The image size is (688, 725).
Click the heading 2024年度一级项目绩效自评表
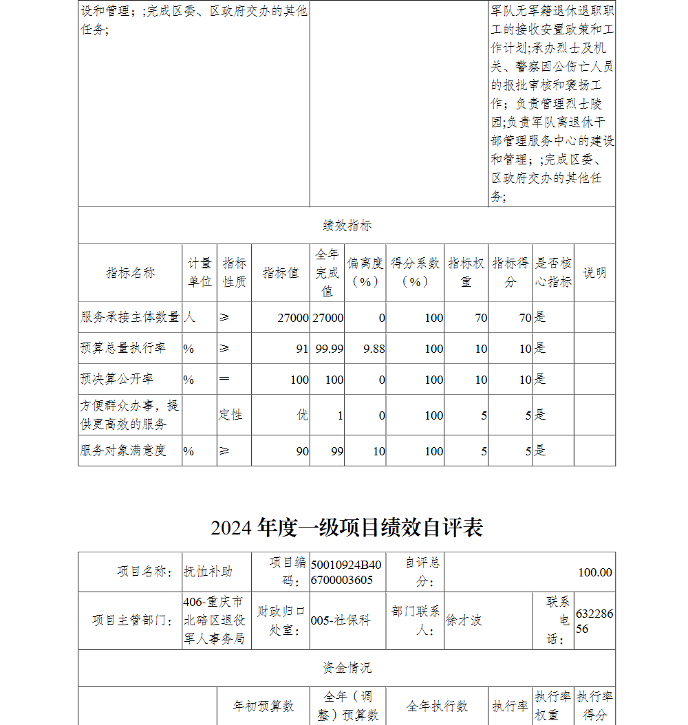347,528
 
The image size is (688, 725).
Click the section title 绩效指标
347,226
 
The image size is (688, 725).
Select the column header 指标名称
130,273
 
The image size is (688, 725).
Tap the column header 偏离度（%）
365,273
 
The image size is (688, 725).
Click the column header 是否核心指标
553,273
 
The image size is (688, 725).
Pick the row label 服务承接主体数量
130,317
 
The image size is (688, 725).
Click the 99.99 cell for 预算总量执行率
329,349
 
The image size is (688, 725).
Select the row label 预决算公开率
117,380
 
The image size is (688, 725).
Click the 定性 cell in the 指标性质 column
230,415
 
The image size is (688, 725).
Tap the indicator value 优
302,415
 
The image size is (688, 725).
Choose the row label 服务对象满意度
123,451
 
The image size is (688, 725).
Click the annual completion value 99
336,451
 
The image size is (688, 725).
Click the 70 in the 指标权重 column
480,318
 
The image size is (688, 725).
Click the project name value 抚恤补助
208,572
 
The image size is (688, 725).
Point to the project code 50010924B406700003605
346,572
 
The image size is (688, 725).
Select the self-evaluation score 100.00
594,572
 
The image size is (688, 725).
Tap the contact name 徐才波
464,620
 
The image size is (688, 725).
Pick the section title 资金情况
347,668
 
